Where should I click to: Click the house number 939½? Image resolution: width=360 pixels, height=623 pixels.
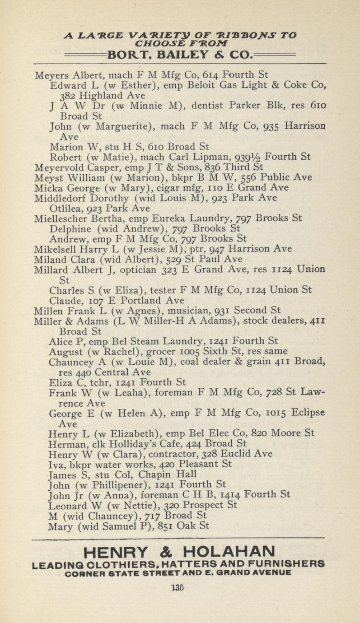[x=248, y=157]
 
